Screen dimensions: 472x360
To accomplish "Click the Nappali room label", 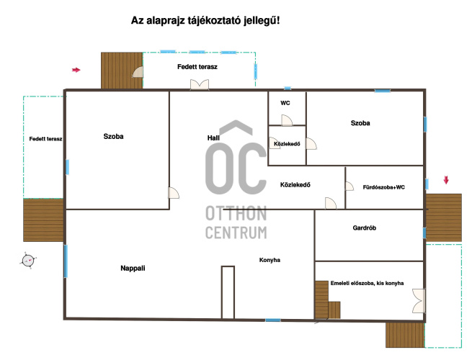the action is [133, 268].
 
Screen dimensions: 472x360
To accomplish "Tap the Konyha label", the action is [270, 260].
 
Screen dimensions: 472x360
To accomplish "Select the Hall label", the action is [213, 138].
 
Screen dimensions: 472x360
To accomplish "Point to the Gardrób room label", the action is [364, 228].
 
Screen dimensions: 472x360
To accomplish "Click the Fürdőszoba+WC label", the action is [384, 187].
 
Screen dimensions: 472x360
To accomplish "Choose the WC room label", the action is [285, 103].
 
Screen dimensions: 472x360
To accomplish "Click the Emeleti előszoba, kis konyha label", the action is [367, 283].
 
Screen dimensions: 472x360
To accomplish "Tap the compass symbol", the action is [28, 260].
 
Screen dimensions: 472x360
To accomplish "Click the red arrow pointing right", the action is [76, 70].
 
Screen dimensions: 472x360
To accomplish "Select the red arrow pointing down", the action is [446, 180].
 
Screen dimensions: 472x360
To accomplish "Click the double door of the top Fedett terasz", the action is [200, 84].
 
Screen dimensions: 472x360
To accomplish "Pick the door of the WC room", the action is [287, 120].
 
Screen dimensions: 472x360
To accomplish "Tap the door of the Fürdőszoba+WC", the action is [349, 186].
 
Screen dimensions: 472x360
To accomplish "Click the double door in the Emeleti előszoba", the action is [419, 301].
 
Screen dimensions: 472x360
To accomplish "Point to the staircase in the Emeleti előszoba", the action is [327, 300].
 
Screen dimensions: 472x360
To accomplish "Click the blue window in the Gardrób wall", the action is [424, 233].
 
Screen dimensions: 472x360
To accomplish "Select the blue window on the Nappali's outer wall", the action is [66, 261].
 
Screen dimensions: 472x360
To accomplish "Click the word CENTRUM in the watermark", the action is [236, 233].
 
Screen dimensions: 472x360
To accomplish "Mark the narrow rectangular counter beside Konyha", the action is [228, 292].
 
